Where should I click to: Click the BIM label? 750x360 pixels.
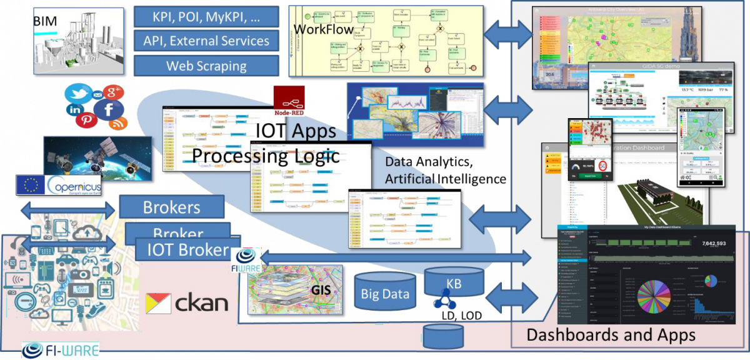[45, 22]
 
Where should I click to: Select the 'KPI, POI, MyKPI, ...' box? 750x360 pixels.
[206, 17]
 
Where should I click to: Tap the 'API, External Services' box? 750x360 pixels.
[206, 41]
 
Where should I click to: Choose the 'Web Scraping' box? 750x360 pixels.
[206, 65]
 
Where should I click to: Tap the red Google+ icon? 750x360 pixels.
[114, 93]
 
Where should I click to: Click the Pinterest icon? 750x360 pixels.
[86, 119]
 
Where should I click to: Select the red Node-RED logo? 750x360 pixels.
[289, 100]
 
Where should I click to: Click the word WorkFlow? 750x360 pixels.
[321, 29]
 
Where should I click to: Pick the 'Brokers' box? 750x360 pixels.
[171, 207]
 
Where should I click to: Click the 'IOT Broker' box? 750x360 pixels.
[188, 250]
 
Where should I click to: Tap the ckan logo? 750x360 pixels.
[187, 304]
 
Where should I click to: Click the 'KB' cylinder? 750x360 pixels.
[454, 282]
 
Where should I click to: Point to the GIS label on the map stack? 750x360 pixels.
[321, 290]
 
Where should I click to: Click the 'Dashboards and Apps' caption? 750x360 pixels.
[611, 334]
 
